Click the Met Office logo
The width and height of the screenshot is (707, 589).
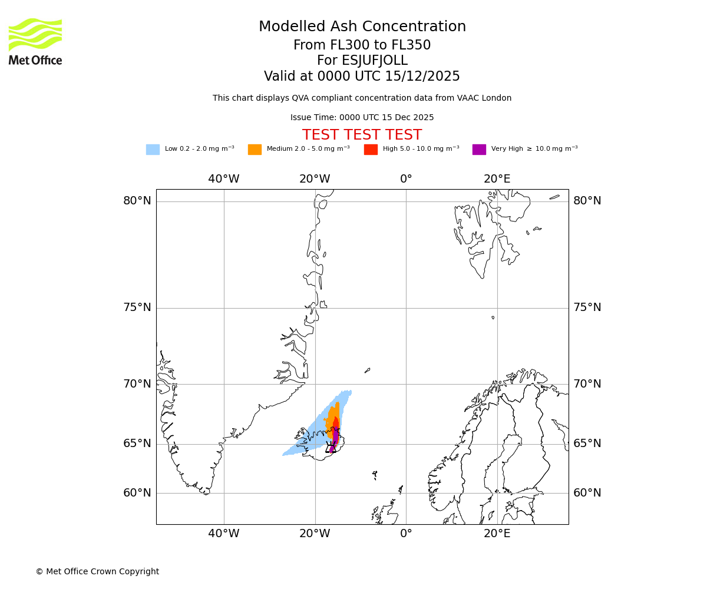click(35, 42)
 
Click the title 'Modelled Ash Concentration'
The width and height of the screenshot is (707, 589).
click(362, 27)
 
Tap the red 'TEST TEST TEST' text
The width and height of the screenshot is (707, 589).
click(362, 135)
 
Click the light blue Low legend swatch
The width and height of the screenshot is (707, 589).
click(153, 150)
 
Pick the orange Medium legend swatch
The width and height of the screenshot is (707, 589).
click(255, 150)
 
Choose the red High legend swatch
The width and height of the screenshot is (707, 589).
click(371, 150)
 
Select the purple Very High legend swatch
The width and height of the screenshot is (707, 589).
click(479, 150)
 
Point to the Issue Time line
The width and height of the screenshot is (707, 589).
click(362, 118)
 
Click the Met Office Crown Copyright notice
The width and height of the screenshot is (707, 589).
click(97, 572)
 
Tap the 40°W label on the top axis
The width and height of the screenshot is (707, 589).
click(224, 179)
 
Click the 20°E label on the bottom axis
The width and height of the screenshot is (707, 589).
click(497, 534)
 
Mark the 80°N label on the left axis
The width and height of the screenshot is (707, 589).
click(137, 201)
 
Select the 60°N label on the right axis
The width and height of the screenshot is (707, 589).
click(587, 493)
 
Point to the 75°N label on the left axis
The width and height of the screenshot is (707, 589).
click(137, 307)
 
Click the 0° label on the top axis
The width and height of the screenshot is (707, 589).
click(406, 179)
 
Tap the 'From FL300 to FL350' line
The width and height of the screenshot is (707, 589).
click(362, 45)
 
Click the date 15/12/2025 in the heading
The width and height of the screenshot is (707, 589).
click(422, 77)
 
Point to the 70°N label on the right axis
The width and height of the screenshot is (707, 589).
click(587, 384)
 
